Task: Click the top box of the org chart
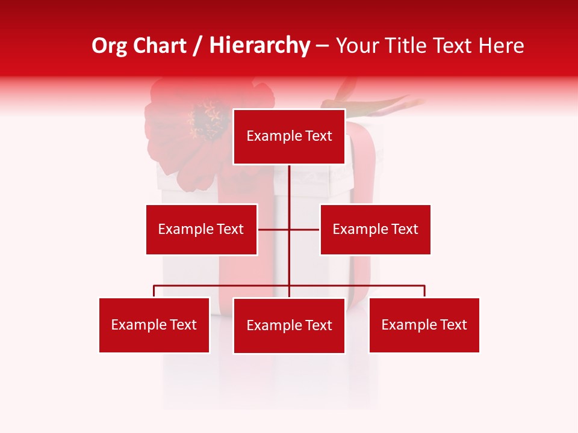pyautogui.click(x=289, y=137)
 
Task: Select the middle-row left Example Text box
pyautogui.click(x=201, y=229)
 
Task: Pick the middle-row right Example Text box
pyautogui.click(x=375, y=229)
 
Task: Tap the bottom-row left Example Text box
pyautogui.click(x=154, y=325)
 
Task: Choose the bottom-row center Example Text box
pyautogui.click(x=289, y=325)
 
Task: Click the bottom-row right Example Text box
pyautogui.click(x=424, y=325)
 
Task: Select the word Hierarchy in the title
pyautogui.click(x=259, y=46)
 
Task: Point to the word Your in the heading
pyautogui.click(x=358, y=46)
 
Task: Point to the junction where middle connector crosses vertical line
pyautogui.click(x=290, y=229)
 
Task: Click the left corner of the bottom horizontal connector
pyautogui.click(x=154, y=286)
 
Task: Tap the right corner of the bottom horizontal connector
pyautogui.click(x=424, y=286)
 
